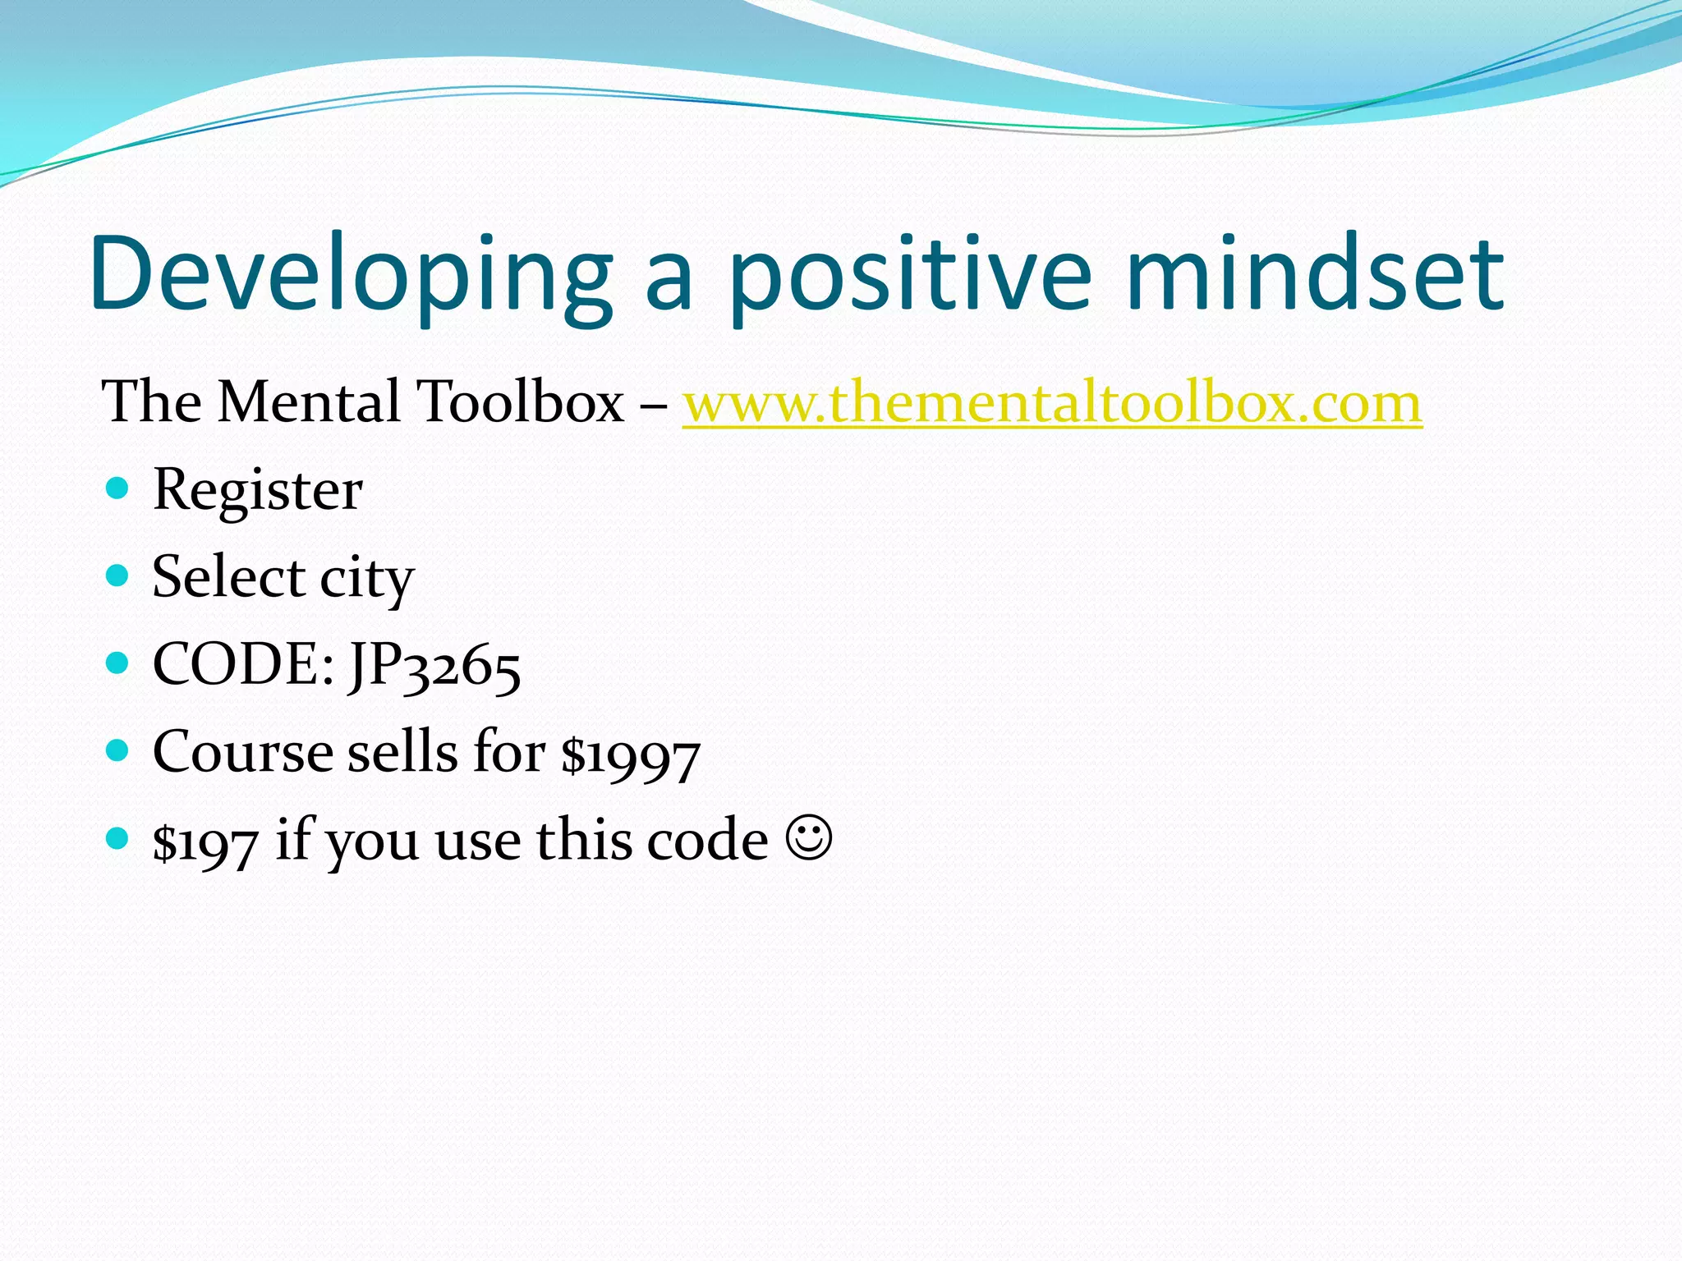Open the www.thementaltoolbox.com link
click(x=1051, y=403)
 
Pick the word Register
click(x=257, y=491)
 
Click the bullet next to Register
click(x=118, y=488)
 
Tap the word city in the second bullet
click(x=366, y=579)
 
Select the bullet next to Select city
click(x=118, y=575)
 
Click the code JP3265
click(x=434, y=666)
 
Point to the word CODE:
click(x=243, y=664)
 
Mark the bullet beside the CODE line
click(x=118, y=663)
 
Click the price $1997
click(x=630, y=754)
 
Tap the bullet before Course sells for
click(x=118, y=750)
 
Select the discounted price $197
click(x=205, y=842)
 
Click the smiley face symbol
click(x=809, y=838)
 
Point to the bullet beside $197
click(x=118, y=838)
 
